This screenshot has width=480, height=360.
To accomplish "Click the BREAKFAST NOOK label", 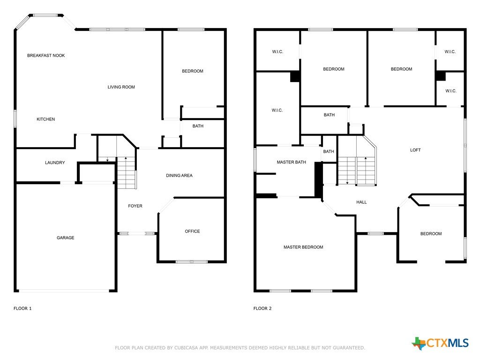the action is (x=46, y=55).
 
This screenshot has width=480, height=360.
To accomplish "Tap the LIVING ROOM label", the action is (x=121, y=87).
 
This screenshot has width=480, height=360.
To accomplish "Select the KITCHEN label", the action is (x=45, y=119).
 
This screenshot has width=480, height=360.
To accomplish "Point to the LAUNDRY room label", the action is (x=55, y=163).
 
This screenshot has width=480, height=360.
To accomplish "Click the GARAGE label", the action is (x=65, y=238).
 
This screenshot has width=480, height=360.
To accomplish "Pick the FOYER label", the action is (x=135, y=206).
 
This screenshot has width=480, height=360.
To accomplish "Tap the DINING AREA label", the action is (x=179, y=175).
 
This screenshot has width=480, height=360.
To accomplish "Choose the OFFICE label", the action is (x=192, y=231).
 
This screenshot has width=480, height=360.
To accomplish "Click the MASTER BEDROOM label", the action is (x=303, y=247).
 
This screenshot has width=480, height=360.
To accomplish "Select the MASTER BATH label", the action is (x=291, y=162).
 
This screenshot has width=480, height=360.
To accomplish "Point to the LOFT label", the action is (x=415, y=150).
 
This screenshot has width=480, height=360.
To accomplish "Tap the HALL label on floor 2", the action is (x=361, y=202).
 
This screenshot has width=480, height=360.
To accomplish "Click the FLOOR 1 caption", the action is (x=22, y=308).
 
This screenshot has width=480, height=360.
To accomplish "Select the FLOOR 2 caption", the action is (x=262, y=308).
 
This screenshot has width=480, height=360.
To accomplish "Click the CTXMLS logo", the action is (x=440, y=343).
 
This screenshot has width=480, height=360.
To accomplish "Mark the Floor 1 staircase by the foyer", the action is (x=127, y=172).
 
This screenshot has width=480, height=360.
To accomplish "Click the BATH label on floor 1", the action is (x=198, y=126).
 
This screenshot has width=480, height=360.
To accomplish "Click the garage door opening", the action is (x=64, y=291).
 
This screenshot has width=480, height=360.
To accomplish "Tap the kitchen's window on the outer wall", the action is (x=15, y=119).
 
